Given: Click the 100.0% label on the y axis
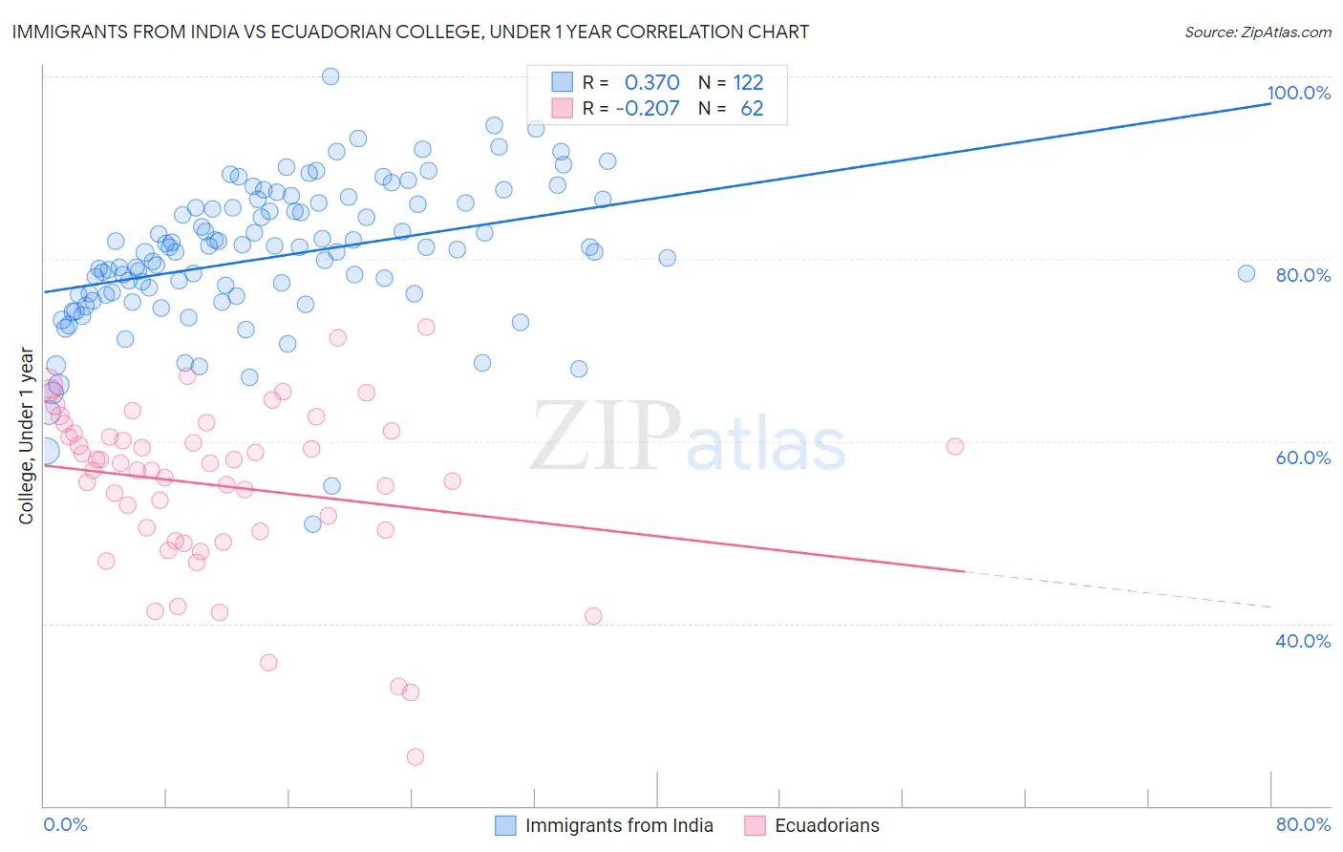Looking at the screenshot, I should tap(1298, 93).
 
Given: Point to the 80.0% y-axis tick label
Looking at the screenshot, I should tap(1303, 275).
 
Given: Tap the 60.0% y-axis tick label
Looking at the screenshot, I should tap(1303, 458).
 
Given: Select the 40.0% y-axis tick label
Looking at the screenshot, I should tap(1303, 641).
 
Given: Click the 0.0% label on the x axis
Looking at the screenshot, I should tap(65, 824).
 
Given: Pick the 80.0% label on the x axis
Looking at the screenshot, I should tap(1303, 824).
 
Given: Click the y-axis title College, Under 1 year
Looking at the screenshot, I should tap(26, 437).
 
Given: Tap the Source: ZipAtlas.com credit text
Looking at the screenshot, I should tap(1257, 32).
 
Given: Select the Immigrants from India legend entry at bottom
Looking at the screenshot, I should tap(618, 825).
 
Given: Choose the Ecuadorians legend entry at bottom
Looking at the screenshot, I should tap(826, 825).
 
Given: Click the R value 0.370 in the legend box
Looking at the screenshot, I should tap(651, 82).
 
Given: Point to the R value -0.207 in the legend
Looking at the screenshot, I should tap(647, 108).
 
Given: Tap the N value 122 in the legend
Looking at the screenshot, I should tap(748, 82).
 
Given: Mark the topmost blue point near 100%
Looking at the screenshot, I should tap(330, 76).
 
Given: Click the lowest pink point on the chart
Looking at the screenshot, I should tap(415, 756).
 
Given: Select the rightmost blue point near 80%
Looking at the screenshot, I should tap(1246, 273).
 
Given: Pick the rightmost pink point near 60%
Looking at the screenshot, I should tap(954, 446).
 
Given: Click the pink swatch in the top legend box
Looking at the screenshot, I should tap(563, 108).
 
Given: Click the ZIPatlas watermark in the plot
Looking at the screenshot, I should tap(688, 437).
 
